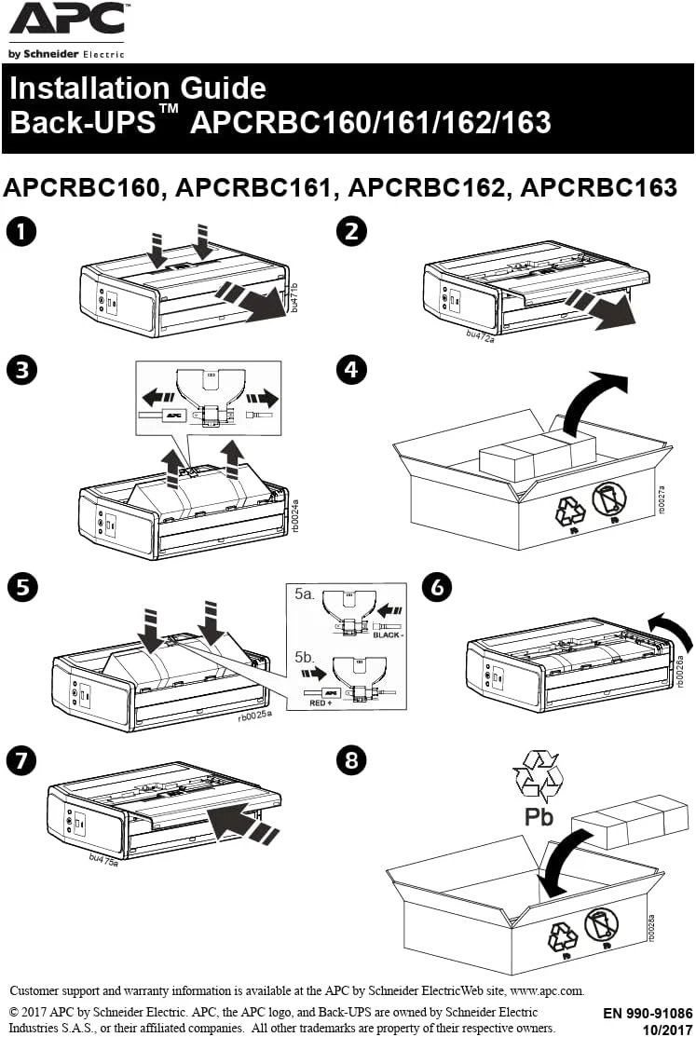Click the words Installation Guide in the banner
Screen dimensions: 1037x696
tap(138, 89)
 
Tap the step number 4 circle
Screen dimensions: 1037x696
tap(350, 370)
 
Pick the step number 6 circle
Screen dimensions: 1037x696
tap(437, 587)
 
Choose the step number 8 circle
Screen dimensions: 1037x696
tap(350, 759)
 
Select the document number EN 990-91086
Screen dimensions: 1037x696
tap(648, 1013)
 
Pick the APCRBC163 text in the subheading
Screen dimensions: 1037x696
tap(598, 187)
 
